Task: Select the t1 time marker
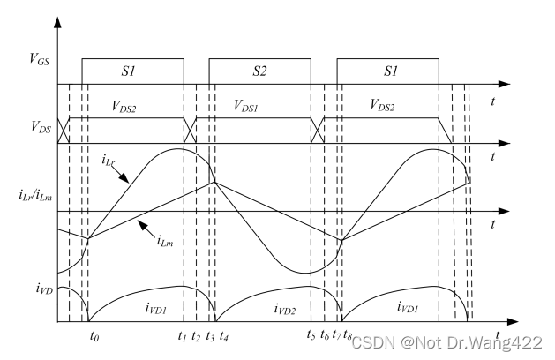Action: click(182, 335)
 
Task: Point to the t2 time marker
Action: click(196, 335)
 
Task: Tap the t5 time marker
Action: click(311, 335)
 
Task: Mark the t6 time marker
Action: click(325, 335)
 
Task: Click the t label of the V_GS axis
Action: click(491, 100)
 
